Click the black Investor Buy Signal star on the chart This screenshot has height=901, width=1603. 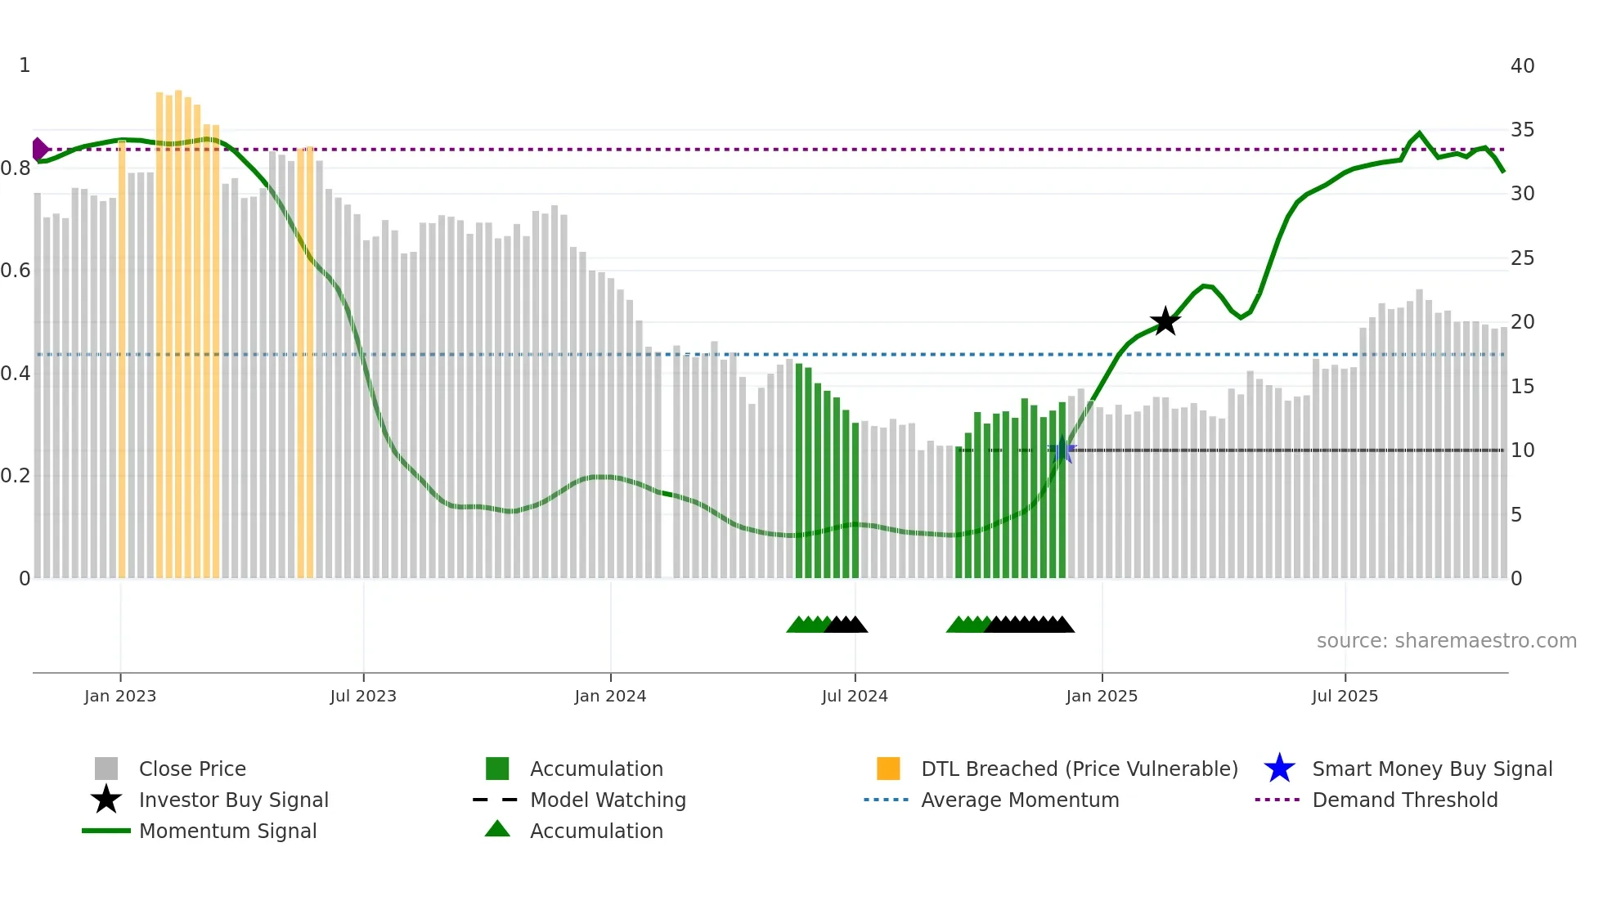click(1165, 321)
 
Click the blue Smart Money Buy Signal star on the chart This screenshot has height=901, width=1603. click(1062, 450)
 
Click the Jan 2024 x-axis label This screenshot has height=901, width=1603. click(610, 696)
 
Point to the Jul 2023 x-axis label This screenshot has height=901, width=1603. click(363, 696)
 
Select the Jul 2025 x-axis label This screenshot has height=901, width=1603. click(1345, 696)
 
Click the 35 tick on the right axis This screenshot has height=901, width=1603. click(1522, 130)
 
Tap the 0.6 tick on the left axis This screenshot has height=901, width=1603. click(16, 271)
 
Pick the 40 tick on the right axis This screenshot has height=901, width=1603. click(1522, 65)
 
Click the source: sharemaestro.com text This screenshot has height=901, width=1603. click(1446, 641)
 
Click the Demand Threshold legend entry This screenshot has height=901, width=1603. click(1404, 800)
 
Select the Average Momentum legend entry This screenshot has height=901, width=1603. click(1019, 800)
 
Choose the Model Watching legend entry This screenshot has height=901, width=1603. click(607, 800)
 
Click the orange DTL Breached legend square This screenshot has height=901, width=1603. click(888, 769)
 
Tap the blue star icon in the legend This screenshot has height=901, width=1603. click(1279, 769)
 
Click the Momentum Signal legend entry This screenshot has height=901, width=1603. click(227, 831)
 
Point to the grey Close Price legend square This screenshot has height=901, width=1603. click(106, 769)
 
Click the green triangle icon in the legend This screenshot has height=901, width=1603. click(497, 829)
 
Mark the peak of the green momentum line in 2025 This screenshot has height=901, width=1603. click(1419, 133)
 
